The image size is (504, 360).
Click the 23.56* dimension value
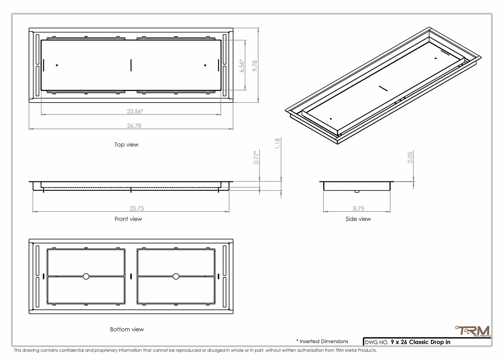(x=135, y=111)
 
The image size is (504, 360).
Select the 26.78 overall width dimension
(x=134, y=126)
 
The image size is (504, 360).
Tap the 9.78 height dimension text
(x=255, y=66)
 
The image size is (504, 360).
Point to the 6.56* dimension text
(x=242, y=66)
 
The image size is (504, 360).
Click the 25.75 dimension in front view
(x=136, y=208)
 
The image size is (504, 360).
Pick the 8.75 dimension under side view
(x=358, y=208)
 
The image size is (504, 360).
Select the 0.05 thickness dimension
(x=410, y=157)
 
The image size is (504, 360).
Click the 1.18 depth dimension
(x=278, y=143)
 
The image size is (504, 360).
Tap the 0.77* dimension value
(x=256, y=157)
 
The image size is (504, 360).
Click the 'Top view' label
(x=126, y=144)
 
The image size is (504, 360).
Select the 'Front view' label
(x=128, y=219)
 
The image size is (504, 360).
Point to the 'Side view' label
(x=358, y=219)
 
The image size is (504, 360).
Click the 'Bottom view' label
(x=127, y=329)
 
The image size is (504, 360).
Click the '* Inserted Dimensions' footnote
(x=322, y=341)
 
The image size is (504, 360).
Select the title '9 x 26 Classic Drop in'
(x=420, y=342)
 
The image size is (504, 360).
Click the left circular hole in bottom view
(x=86, y=276)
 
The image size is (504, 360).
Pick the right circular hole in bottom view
(x=176, y=276)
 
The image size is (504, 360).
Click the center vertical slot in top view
(x=131, y=65)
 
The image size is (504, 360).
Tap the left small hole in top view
(x=57, y=65)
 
